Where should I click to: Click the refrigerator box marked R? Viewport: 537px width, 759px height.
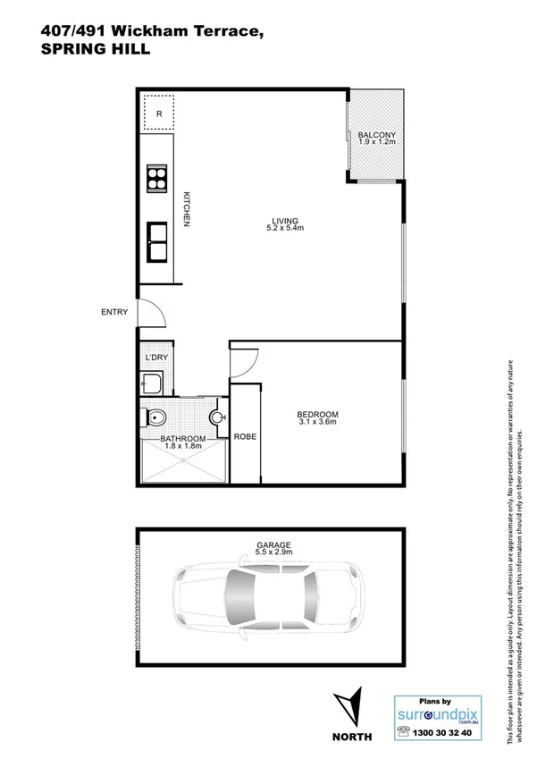click(x=158, y=113)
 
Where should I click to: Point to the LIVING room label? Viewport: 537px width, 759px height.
click(x=285, y=221)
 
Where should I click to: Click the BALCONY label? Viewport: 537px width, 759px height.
click(x=376, y=134)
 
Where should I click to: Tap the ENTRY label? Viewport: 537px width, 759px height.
click(x=114, y=312)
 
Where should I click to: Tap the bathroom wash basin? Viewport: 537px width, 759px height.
click(x=217, y=417)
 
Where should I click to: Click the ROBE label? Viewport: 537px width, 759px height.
click(x=245, y=437)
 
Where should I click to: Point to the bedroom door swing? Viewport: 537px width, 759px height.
click(x=244, y=361)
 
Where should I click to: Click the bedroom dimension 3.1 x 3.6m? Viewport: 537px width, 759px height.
click(x=317, y=423)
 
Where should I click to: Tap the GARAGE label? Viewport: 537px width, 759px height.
click(x=272, y=544)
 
